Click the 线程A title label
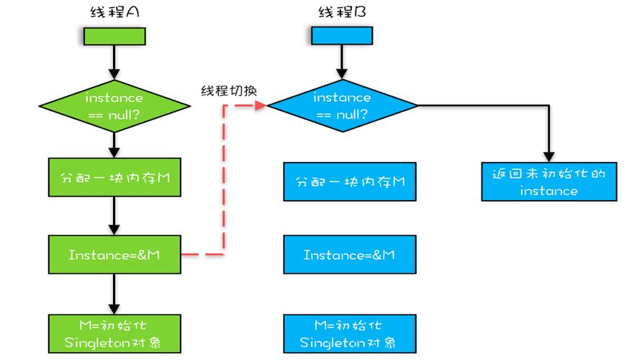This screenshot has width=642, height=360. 114,12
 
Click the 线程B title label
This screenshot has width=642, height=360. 343,12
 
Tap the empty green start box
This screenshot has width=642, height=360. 114,36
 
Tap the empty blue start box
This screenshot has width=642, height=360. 343,36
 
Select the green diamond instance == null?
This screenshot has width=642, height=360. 114,105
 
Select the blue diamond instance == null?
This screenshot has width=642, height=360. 343,105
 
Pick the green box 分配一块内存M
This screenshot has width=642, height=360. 114,176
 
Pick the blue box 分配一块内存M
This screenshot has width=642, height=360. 349,181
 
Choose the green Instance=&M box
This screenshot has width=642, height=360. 114,254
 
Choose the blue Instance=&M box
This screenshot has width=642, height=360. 349,255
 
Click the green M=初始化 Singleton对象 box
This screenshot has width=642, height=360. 114,333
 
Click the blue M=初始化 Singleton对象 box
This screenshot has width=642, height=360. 349,333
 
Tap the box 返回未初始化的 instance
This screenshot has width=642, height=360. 549,181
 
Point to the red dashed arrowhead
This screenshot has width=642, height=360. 261,105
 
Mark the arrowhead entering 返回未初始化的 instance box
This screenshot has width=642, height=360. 549,156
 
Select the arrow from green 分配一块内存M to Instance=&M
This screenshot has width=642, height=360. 114,215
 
